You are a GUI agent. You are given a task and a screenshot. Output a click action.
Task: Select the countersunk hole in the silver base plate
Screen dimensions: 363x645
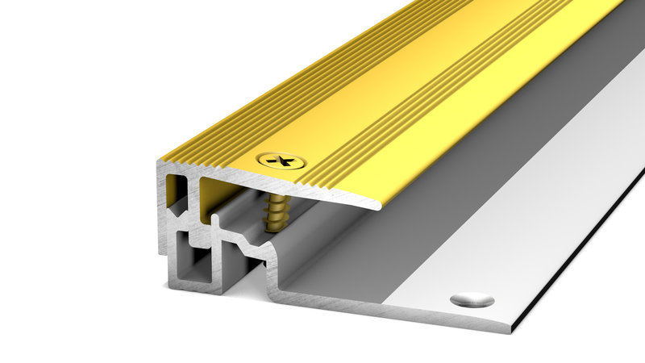472,299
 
